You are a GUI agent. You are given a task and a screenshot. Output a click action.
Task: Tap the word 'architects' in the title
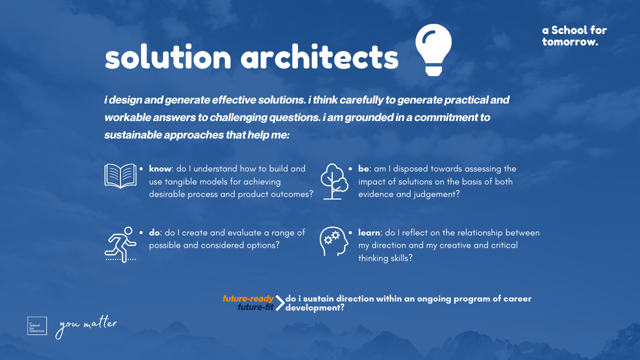(319, 56)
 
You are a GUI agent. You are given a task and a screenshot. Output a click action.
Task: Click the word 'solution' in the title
(167, 56)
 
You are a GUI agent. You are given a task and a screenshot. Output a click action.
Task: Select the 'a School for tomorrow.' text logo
(574, 35)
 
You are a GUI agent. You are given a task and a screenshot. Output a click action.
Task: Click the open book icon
(120, 175)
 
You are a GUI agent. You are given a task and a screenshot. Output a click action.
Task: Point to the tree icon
(334, 181)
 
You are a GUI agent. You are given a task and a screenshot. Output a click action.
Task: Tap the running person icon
(120, 245)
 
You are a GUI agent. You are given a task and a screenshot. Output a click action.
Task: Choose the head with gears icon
(333, 241)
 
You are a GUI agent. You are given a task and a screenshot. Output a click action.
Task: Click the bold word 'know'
(160, 168)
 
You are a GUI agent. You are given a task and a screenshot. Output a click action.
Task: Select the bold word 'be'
(363, 168)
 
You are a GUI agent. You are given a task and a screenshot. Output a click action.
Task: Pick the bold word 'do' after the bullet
(154, 232)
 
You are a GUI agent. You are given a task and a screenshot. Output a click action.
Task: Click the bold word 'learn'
(369, 232)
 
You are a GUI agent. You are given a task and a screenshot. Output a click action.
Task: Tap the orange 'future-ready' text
(248, 298)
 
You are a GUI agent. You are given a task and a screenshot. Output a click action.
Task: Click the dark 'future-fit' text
(255, 307)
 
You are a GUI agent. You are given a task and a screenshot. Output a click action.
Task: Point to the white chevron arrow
(280, 303)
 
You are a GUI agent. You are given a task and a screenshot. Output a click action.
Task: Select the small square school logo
(37, 325)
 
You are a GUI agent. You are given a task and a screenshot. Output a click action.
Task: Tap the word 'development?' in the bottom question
(314, 307)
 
